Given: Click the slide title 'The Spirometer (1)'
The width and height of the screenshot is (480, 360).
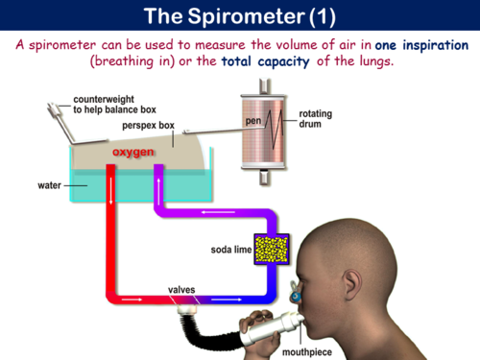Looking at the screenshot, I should pos(239,16).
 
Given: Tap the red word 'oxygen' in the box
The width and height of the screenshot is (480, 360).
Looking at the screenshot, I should pos(133,153).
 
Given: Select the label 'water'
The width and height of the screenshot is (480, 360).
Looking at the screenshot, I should pos(50,183).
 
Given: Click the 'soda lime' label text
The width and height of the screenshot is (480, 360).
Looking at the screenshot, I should pos(229,251).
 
